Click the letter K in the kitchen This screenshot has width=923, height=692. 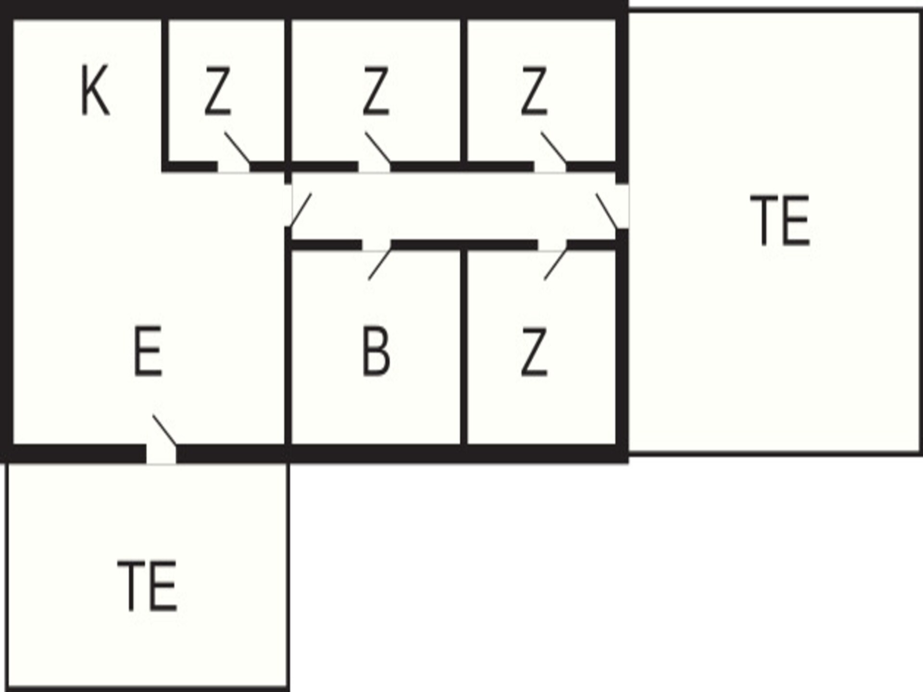click(95, 91)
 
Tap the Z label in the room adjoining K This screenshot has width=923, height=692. click(218, 91)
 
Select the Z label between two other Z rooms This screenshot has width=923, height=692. click(375, 91)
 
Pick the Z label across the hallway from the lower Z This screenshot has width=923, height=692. click(534, 91)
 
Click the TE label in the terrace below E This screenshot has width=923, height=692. click(147, 586)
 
